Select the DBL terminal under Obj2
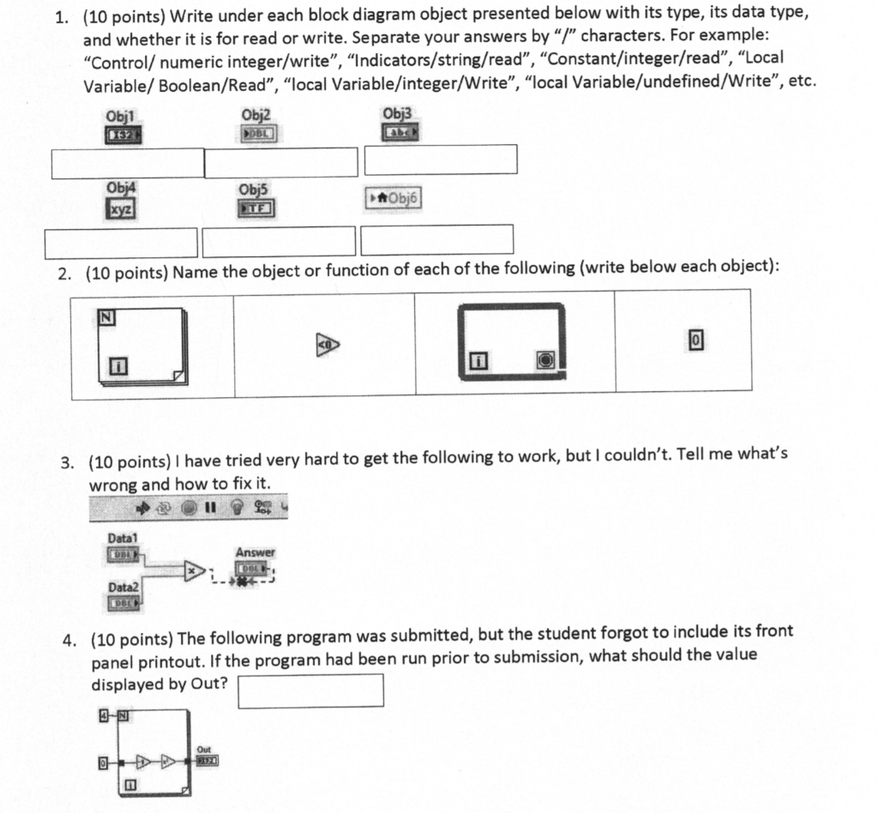coord(257,135)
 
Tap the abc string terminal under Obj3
coord(400,134)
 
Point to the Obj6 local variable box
coord(394,199)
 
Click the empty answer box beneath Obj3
coord(441,160)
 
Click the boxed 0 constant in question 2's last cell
coord(696,340)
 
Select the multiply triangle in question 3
coord(194,569)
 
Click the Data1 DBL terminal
coord(123,555)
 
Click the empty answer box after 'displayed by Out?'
coord(310,690)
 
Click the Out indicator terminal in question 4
coord(207,759)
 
